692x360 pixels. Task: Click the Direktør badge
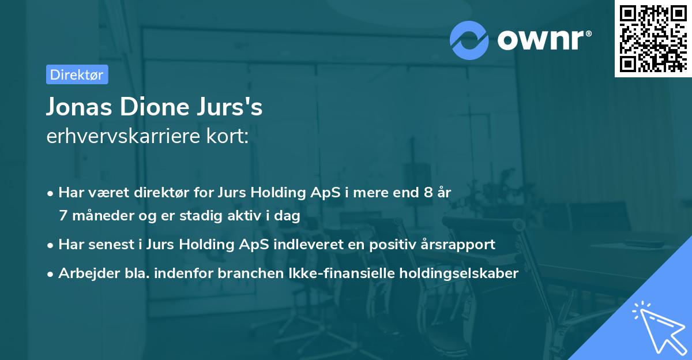click(x=77, y=74)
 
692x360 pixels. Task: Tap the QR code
click(x=652, y=39)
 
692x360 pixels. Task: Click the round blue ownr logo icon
click(x=469, y=39)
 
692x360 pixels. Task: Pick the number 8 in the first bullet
click(x=427, y=193)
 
